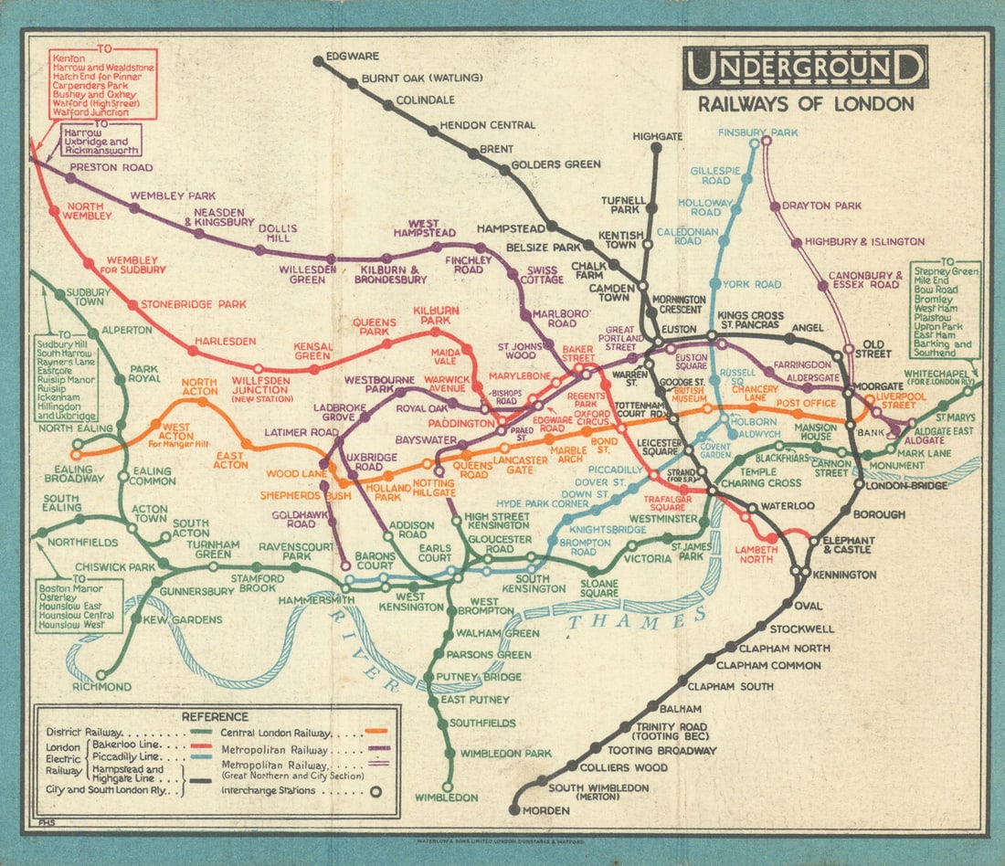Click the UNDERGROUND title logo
[x=805, y=67]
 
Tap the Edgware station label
[x=352, y=56]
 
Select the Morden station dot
[x=514, y=810]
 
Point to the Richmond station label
[x=101, y=686]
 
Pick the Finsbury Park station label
[x=757, y=132]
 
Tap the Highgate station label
[x=657, y=136]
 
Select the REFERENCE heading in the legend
[x=215, y=716]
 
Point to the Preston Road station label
[x=111, y=168]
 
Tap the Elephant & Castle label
[x=848, y=545]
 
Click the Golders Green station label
[x=555, y=164]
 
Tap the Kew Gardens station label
[x=189, y=620]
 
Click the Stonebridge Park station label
[x=187, y=303]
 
